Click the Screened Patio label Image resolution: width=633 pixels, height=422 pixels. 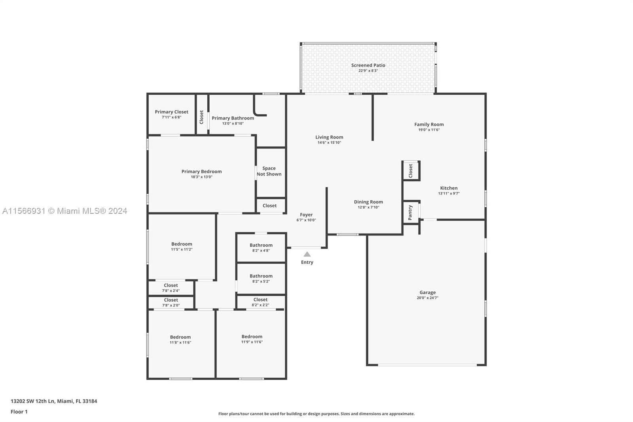tap(368, 65)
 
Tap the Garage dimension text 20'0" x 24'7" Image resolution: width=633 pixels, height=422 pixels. tap(427, 298)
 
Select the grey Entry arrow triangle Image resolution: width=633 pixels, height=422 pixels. tap(307, 255)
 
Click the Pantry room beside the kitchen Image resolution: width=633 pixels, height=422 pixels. tap(410, 213)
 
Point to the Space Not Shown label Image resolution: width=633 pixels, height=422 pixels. tap(269, 171)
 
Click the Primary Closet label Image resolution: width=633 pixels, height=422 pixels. tap(171, 112)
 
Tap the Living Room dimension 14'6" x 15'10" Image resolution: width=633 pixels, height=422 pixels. tap(329, 143)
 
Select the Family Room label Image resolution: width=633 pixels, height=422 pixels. tap(429, 124)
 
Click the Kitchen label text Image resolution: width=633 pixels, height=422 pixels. tap(449, 188)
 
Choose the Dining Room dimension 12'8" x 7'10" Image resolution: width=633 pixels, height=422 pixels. tap(368, 207)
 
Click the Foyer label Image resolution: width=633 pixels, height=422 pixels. tap(306, 215)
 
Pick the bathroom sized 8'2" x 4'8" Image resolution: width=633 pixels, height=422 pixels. tap(261, 247)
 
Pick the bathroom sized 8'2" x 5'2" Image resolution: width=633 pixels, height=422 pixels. tap(261, 278)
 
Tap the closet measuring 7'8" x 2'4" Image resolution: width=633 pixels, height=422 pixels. tap(171, 287)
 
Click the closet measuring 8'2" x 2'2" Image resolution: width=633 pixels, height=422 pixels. tap(260, 302)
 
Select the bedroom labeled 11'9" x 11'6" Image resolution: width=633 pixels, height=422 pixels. tap(252, 339)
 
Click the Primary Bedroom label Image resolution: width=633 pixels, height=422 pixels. tap(201, 171)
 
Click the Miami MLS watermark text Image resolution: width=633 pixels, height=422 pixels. tap(64, 211)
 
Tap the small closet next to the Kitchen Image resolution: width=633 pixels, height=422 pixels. tap(411, 171)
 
